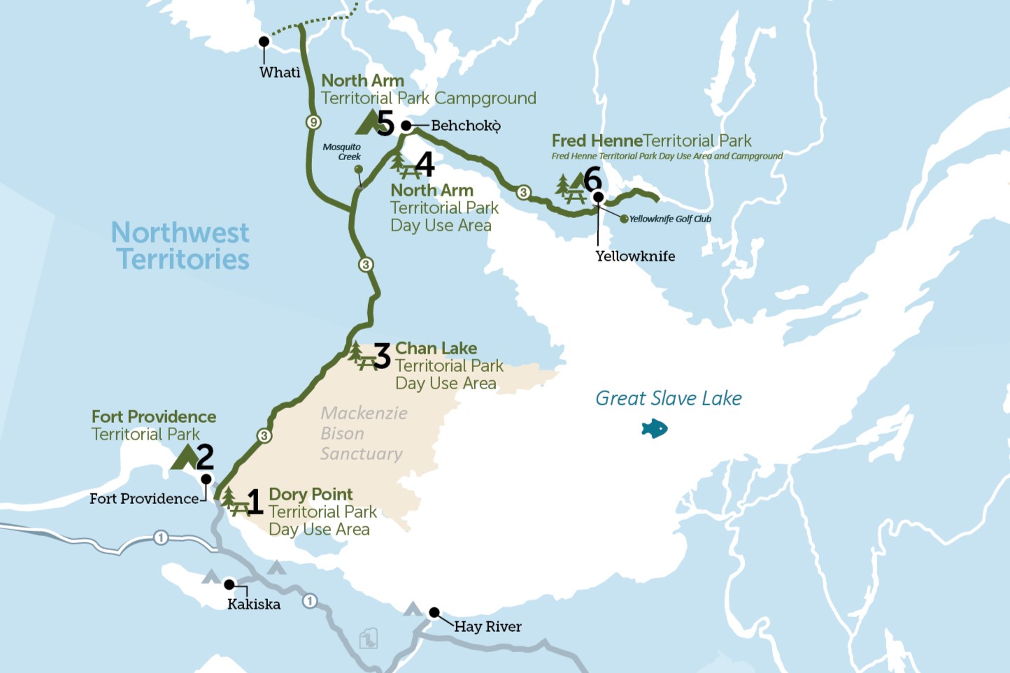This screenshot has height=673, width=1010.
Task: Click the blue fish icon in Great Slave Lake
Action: click(x=655, y=428)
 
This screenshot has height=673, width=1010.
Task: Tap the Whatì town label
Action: click(x=280, y=72)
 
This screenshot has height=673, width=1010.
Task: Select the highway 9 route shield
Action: click(x=313, y=122)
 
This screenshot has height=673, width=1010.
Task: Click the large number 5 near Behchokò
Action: click(x=385, y=124)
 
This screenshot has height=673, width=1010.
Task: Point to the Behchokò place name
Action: click(x=466, y=126)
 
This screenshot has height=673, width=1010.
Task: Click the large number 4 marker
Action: click(x=425, y=164)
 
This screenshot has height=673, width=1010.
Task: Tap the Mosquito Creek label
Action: click(x=342, y=152)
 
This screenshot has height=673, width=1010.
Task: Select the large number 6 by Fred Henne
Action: click(x=592, y=179)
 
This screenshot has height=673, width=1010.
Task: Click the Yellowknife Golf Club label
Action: click(x=670, y=219)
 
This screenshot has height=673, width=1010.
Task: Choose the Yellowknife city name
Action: click(x=635, y=256)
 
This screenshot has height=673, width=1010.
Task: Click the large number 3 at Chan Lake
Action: click(x=382, y=356)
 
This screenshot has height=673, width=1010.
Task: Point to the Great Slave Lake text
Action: click(x=668, y=398)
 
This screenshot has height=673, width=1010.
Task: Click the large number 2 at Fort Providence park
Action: click(x=205, y=457)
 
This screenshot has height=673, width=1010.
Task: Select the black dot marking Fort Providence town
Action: click(x=206, y=479)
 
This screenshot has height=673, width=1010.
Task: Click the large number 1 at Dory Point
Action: click(x=255, y=502)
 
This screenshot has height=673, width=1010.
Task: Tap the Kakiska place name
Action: click(x=253, y=604)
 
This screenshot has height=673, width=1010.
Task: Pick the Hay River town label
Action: click(x=488, y=626)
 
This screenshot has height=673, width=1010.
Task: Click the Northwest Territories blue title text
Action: click(x=181, y=245)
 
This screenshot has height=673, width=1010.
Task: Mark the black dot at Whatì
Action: click(x=264, y=41)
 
